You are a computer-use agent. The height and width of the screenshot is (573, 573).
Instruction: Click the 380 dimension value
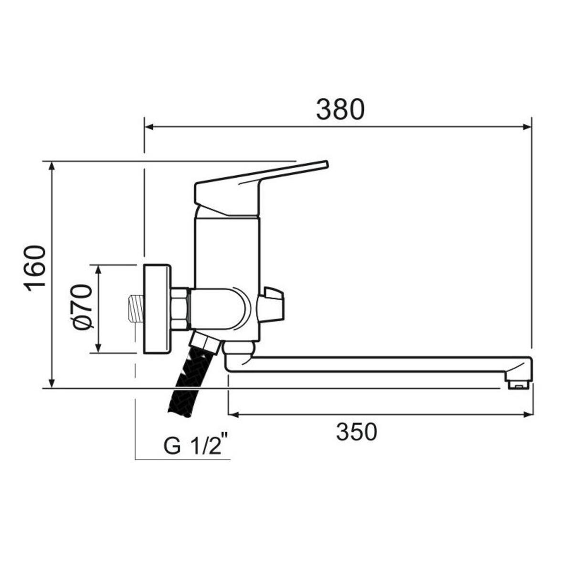tap(340, 110)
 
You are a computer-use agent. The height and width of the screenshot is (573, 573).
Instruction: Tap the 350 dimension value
tap(356, 432)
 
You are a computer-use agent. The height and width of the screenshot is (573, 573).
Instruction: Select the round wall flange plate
tap(157, 308)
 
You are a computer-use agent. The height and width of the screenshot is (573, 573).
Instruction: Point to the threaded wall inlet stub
tap(136, 308)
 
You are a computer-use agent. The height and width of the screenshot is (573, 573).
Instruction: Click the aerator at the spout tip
tap(519, 382)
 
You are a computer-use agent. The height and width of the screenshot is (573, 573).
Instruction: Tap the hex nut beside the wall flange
tap(180, 308)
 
